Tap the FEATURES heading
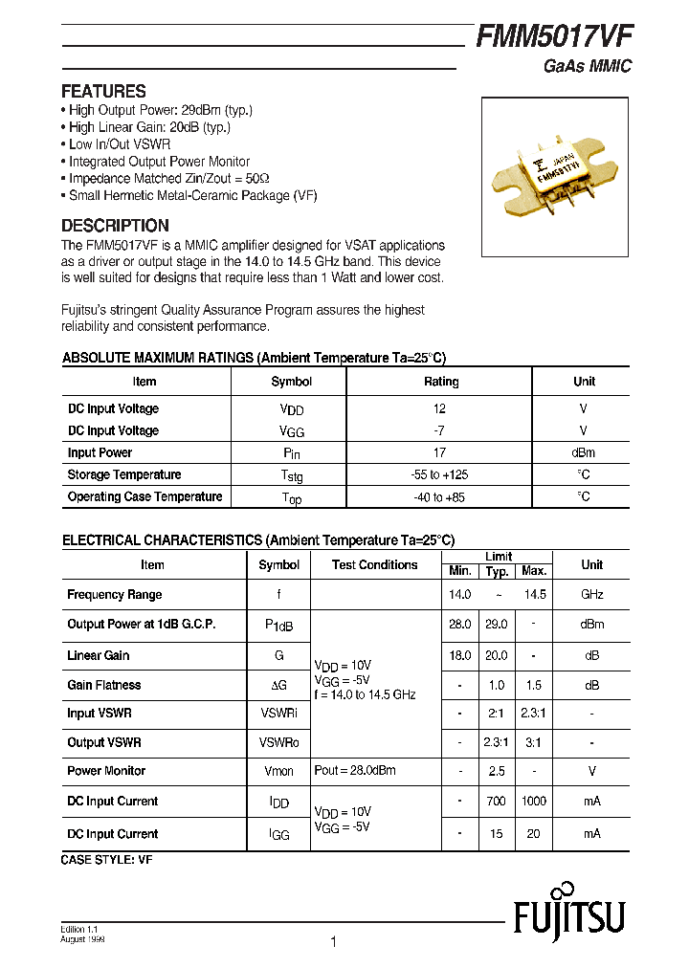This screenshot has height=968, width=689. tap(103, 92)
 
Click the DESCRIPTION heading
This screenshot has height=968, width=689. tap(115, 226)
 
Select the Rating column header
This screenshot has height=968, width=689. tap(441, 382)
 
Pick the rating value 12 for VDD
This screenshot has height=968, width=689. tap(439, 408)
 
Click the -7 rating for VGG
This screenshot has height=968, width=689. tap(439, 430)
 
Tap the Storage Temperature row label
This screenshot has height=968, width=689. tap(123, 475)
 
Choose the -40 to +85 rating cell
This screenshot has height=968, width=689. tap(439, 497)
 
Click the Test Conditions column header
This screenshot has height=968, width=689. tap(374, 565)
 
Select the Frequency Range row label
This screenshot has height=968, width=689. tap(114, 595)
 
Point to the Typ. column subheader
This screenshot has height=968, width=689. tap(497, 571)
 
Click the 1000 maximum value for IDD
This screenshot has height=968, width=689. tap(533, 802)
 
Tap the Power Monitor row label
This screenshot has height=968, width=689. tap(106, 771)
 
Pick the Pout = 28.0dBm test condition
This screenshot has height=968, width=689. tap(355, 771)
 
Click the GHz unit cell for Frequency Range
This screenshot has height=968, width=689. tap(591, 595)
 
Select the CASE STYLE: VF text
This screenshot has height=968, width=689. tap(106, 860)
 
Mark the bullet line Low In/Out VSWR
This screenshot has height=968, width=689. tap(120, 144)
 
